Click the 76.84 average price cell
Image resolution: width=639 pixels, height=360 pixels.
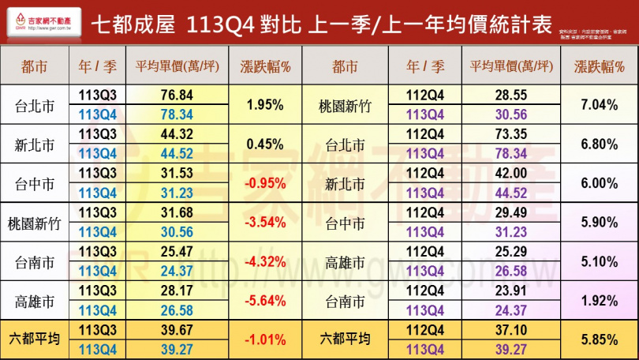pyautogui.click(x=177, y=95)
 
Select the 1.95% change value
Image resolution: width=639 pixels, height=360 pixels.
pyautogui.click(x=265, y=104)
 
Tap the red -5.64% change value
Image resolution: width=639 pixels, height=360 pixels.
pyautogui.click(x=265, y=300)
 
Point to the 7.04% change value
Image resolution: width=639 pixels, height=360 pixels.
pyautogui.click(x=598, y=104)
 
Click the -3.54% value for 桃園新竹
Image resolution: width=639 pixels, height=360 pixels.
pyautogui.click(x=265, y=222)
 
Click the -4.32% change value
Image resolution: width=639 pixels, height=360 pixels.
pyautogui.click(x=265, y=261)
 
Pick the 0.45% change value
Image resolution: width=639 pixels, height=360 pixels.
pyautogui.click(x=265, y=144)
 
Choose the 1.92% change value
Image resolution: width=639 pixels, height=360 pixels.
pyautogui.click(x=598, y=300)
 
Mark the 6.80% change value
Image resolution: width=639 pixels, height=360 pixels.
pyautogui.click(x=598, y=144)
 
